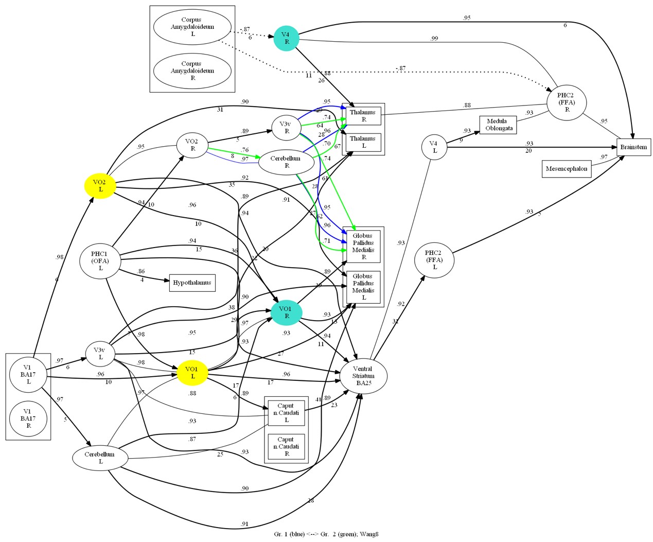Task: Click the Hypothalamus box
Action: [x=192, y=283]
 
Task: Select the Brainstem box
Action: [x=633, y=147]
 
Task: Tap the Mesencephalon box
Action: [x=566, y=169]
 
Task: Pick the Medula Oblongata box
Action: [x=498, y=125]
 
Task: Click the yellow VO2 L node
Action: [x=100, y=186]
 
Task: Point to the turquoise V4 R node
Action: [x=286, y=38]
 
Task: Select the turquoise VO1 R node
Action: [x=286, y=312]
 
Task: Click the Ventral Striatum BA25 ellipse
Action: [x=363, y=376]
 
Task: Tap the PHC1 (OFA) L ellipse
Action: [x=100, y=261]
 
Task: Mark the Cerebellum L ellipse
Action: [x=100, y=458]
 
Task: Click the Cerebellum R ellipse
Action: [x=286, y=162]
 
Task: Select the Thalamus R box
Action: [x=364, y=116]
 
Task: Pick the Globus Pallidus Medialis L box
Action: [x=363, y=287]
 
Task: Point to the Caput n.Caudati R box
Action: [x=286, y=446]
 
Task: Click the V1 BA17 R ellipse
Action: [x=28, y=418]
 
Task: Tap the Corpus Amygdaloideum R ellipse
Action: [x=192, y=71]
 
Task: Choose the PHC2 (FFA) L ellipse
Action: [x=434, y=260]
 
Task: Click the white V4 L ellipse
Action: [x=434, y=147]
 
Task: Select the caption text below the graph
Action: [x=326, y=534]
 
